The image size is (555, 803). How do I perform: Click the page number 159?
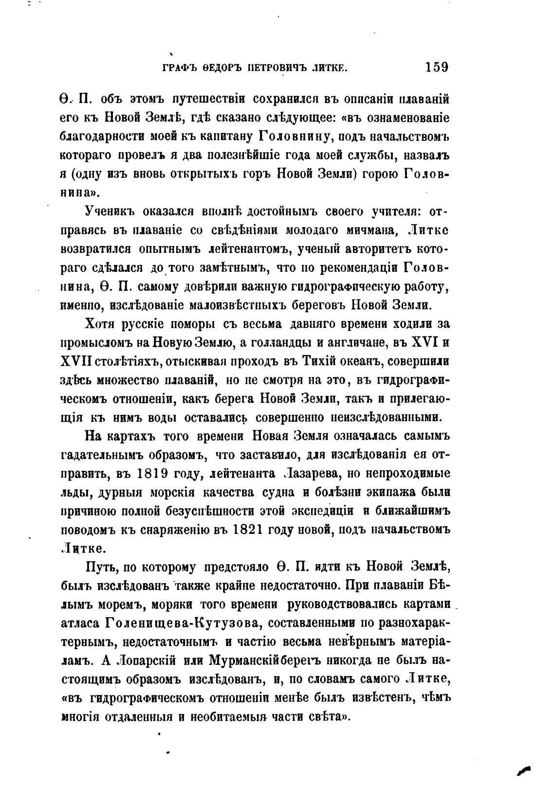click(x=436, y=67)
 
